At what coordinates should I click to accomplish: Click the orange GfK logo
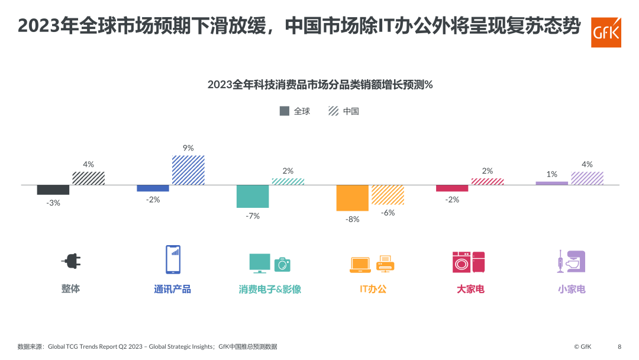pos(606,32)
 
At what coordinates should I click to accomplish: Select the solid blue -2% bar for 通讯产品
pos(153,188)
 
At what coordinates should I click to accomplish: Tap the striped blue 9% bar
pos(188,170)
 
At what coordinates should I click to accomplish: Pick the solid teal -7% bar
pos(253,196)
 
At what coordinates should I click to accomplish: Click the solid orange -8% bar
pos(353,198)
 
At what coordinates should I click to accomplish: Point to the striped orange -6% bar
pos(388,195)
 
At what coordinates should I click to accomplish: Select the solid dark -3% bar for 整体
pos(53,189)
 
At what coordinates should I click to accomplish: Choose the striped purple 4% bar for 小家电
pos(588,178)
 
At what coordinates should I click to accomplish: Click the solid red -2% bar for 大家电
pos(452,188)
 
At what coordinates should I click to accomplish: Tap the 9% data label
pos(188,148)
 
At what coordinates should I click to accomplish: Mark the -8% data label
pos(353,219)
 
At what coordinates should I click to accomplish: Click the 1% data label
pos(552,174)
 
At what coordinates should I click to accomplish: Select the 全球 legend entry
pos(295,111)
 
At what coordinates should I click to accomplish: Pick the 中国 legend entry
pos(344,111)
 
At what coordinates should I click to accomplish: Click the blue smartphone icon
pos(173,259)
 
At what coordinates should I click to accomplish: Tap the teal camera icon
pos(282,265)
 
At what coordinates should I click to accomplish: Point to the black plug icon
pos(72,261)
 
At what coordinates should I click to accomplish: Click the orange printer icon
pos(385,263)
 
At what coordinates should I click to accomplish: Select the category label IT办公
pos(373,289)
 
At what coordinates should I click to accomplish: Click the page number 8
pos(619,346)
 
